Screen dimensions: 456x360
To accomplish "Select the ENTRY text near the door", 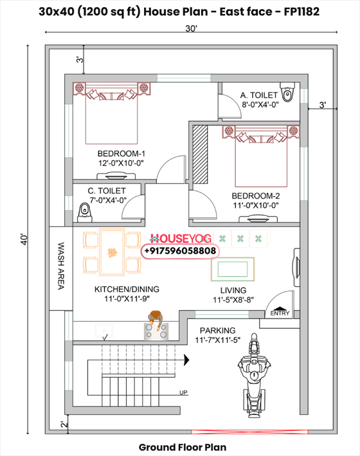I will (x=280, y=313).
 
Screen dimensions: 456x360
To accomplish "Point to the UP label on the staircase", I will (x=183, y=392).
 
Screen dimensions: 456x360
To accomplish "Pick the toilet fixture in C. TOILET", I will (x=84, y=211).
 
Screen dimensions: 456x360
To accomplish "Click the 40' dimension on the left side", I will (x=24, y=240).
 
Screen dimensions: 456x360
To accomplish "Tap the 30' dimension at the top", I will (x=192, y=29).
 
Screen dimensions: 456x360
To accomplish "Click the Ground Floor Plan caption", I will (x=182, y=446).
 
